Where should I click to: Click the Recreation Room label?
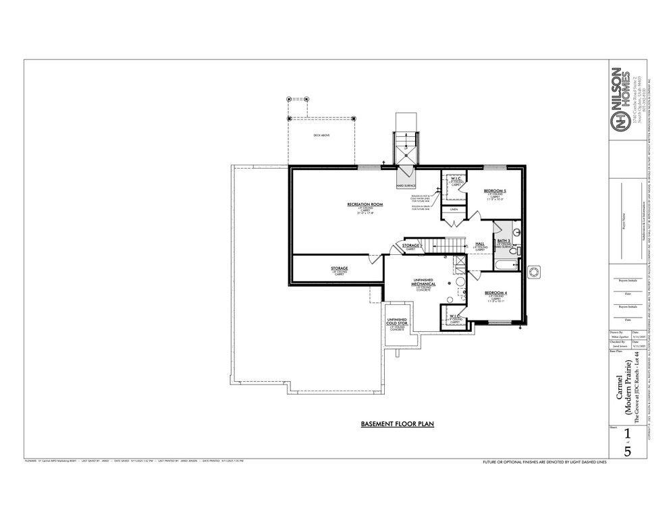[365, 204]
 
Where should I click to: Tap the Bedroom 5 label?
[495, 192]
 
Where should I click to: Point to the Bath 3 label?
[504, 240]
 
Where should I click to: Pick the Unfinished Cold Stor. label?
[396, 322]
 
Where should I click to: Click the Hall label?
[480, 243]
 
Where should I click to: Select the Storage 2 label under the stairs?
[412, 246]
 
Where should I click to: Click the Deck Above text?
[321, 136]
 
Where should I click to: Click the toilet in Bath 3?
[514, 252]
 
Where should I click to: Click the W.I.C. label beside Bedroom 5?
[456, 179]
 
